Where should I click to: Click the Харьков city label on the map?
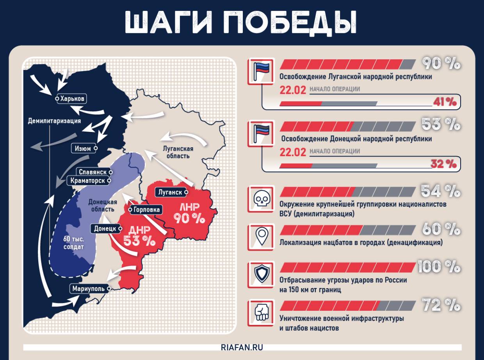click(x=72, y=99)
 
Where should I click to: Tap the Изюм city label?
click(x=82, y=148)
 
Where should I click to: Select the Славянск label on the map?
click(x=93, y=172)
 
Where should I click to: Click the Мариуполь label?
click(x=89, y=289)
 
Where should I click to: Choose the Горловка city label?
click(x=146, y=210)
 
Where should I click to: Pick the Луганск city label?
click(x=171, y=192)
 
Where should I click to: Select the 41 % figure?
click(x=445, y=102)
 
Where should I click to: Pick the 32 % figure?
click(x=444, y=164)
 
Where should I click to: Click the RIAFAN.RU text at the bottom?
click(x=242, y=348)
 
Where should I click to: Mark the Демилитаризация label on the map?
click(x=54, y=121)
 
